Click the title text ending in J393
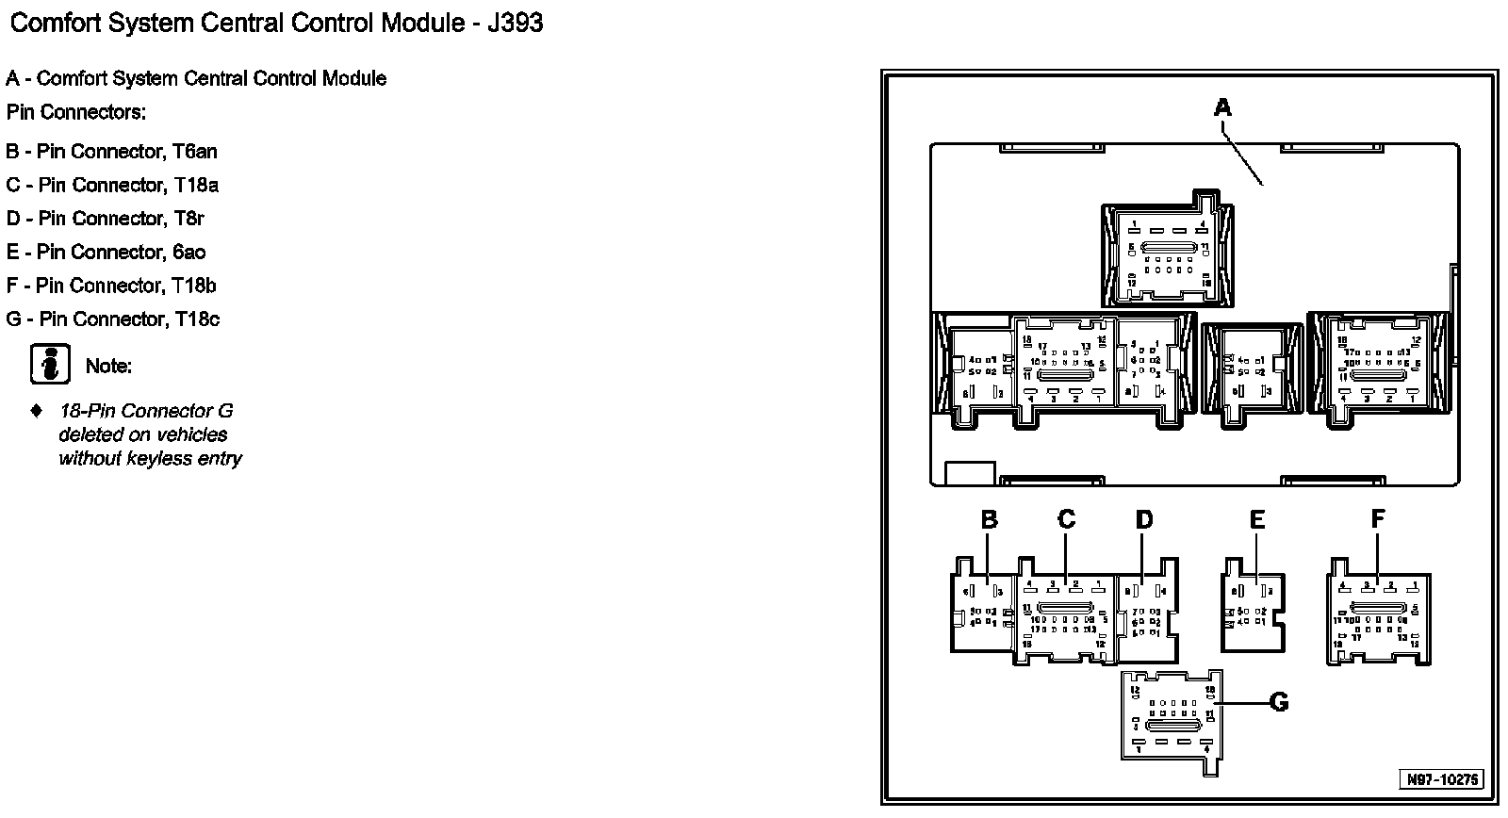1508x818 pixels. (x=276, y=23)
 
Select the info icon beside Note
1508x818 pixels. (x=50, y=364)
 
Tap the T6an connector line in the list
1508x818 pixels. (x=112, y=151)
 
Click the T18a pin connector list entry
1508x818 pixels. (x=112, y=185)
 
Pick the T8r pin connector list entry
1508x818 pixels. (x=106, y=219)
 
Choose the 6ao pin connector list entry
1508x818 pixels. (x=106, y=252)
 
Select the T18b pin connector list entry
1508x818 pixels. (x=111, y=286)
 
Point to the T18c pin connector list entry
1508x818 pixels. (x=113, y=319)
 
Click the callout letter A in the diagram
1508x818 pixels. (x=1222, y=107)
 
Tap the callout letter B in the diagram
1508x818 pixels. (x=989, y=519)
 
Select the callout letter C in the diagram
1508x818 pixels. (x=1066, y=519)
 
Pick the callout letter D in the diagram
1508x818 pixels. (x=1143, y=519)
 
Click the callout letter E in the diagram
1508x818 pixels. (x=1256, y=519)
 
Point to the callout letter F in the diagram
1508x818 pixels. (x=1378, y=519)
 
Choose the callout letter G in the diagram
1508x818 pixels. (x=1278, y=702)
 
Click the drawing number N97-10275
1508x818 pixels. (x=1443, y=779)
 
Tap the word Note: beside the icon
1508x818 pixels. (x=108, y=367)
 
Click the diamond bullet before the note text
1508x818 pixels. (x=37, y=411)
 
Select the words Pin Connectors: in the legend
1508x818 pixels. (x=76, y=112)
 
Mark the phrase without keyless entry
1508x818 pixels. (x=150, y=459)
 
